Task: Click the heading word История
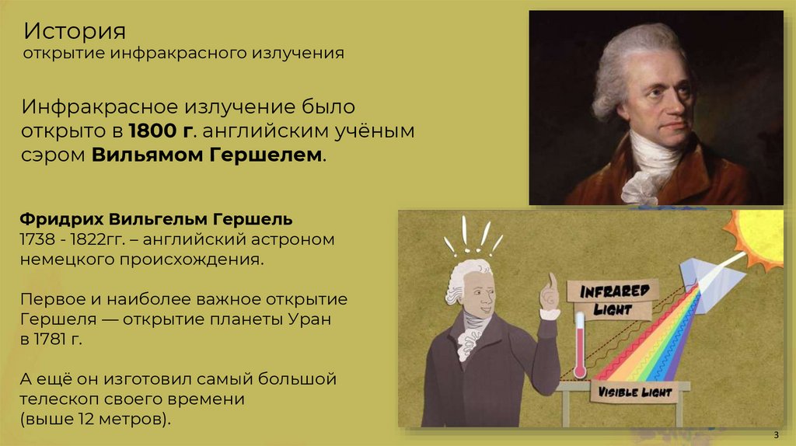(74, 33)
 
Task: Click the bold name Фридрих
(61, 217)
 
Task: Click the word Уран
(316, 319)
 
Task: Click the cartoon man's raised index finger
(552, 280)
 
